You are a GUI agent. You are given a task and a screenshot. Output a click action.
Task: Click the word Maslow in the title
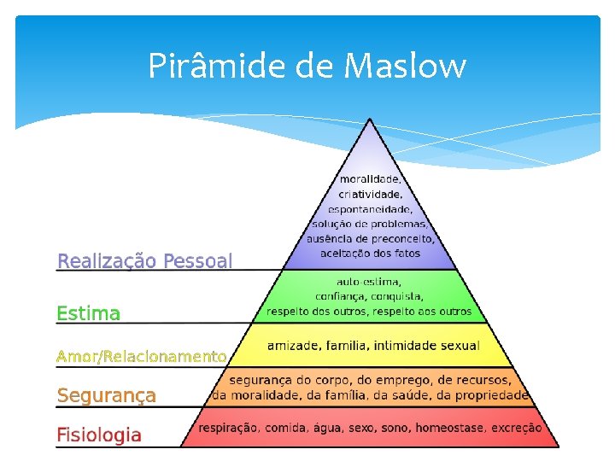click(x=407, y=65)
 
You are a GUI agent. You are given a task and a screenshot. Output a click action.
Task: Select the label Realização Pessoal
click(x=144, y=261)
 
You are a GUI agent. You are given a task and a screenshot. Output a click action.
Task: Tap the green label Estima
click(x=89, y=313)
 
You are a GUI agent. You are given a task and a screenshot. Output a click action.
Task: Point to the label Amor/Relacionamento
click(x=142, y=356)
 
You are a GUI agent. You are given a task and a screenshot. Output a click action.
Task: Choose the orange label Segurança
click(x=107, y=395)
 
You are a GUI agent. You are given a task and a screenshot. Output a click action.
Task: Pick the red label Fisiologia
click(x=99, y=435)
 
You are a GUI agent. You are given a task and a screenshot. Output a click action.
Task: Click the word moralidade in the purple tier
click(x=370, y=180)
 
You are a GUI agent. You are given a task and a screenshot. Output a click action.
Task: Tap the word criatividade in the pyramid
click(x=370, y=195)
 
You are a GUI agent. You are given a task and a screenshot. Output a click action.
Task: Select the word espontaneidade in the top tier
click(x=370, y=209)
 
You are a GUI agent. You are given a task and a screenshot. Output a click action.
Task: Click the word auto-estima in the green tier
click(x=370, y=281)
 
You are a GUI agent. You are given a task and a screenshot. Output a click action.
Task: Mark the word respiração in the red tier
click(x=231, y=428)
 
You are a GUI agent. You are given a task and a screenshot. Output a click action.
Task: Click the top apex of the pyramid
click(x=370, y=120)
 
